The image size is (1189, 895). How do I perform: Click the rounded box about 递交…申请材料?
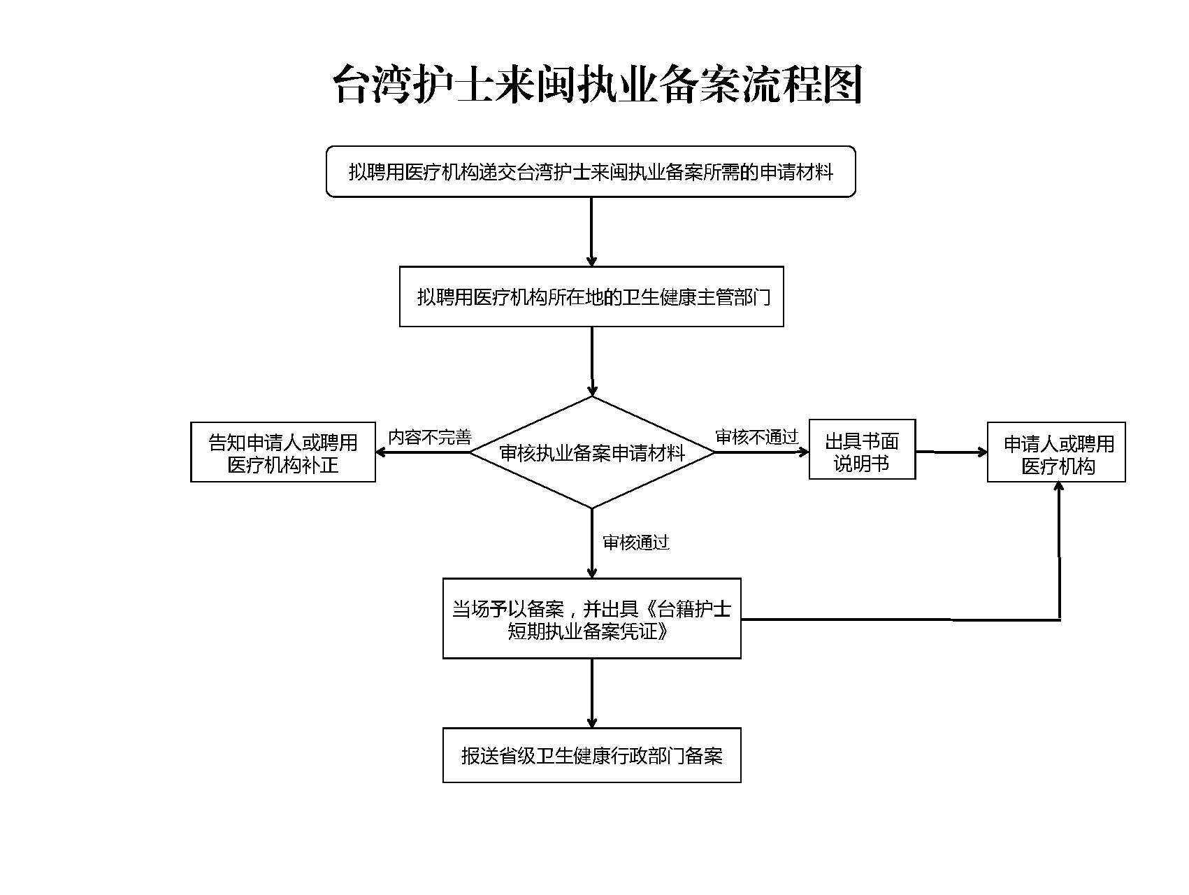[591, 171]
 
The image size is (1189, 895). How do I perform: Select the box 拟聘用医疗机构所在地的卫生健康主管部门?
[591, 296]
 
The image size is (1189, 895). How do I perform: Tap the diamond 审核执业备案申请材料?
[591, 453]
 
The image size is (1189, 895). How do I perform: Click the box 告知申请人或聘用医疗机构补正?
[283, 452]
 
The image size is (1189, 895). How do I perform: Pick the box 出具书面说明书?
[862, 450]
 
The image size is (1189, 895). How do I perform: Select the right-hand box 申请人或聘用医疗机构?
[1056, 452]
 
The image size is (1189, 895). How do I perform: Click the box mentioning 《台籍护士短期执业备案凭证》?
[591, 619]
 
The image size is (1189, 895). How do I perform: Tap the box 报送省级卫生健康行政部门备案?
[591, 755]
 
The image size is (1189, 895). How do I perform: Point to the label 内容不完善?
[430, 438]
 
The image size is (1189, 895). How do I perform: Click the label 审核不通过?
[756, 438]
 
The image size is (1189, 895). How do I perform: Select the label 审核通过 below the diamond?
[635, 543]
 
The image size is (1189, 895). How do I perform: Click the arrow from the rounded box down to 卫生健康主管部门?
[591, 231]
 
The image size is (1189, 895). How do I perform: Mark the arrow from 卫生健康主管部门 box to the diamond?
[591, 361]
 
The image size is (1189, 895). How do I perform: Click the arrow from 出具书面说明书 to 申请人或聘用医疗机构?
[951, 452]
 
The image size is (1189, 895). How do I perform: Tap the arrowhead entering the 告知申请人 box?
[382, 452]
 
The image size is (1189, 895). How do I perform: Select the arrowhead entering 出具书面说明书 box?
[803, 452]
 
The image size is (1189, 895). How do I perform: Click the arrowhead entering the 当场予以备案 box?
[591, 573]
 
